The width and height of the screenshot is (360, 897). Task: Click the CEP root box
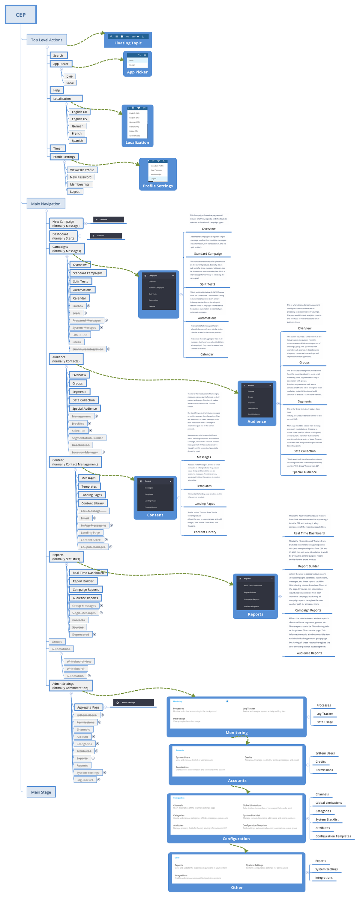[20, 15]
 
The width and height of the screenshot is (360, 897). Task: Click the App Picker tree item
[61, 64]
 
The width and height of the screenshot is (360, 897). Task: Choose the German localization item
[77, 126]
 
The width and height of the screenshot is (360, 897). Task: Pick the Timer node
[57, 148]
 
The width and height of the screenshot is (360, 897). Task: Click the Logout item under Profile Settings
[75, 192]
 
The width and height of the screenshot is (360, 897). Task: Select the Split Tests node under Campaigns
[80, 281]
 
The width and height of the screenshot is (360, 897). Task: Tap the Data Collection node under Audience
[84, 400]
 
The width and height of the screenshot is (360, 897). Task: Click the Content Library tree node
[92, 503]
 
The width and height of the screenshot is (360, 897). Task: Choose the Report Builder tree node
[83, 581]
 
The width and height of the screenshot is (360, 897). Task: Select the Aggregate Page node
[88, 707]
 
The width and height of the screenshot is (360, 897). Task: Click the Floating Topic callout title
[128, 43]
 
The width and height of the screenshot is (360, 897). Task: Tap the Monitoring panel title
[236, 733]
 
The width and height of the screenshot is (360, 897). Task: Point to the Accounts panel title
[237, 781]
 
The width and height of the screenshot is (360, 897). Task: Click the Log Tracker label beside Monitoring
[325, 713]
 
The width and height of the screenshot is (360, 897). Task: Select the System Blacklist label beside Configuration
[327, 819]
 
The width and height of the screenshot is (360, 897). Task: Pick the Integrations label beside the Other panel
[323, 878]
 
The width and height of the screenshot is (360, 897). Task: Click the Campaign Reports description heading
[308, 610]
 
